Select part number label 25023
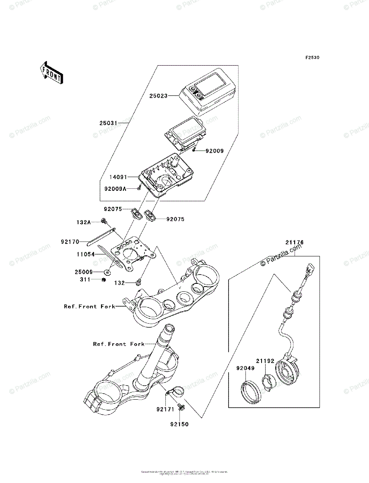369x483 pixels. click(x=159, y=96)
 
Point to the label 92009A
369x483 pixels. click(x=114, y=188)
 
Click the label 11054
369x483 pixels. click(x=85, y=255)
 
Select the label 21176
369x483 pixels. click(x=295, y=242)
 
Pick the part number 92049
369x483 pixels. click(x=245, y=368)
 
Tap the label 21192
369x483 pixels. click(x=265, y=361)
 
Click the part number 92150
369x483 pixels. click(x=179, y=424)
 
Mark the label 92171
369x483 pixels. click(x=165, y=409)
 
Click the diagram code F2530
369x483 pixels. click(x=312, y=58)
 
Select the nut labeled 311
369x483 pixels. click(x=104, y=280)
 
